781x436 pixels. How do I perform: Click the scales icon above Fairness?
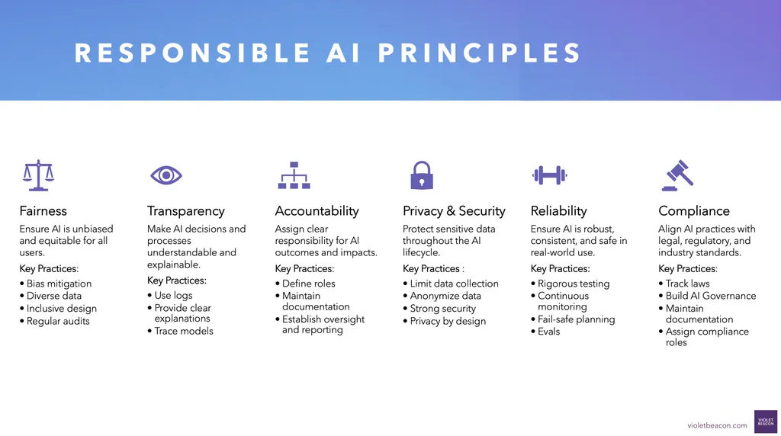coord(39,175)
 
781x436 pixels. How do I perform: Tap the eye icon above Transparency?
coord(166,175)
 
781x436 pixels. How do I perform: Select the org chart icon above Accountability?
coord(294,175)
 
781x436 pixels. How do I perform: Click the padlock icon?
coord(421,175)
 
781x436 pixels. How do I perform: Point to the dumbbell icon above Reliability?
coord(549,175)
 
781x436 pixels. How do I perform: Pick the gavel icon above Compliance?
coord(677,175)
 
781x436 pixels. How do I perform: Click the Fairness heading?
coord(43,211)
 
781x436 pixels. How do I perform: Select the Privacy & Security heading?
coord(454,211)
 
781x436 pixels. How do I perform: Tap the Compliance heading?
coord(694,211)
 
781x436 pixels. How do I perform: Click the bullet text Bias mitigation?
coord(59,284)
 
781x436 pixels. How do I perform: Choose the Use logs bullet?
coord(173,296)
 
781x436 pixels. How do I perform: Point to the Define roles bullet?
coord(308,284)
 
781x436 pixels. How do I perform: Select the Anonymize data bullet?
coord(445,296)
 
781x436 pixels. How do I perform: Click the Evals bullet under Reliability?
coord(548,332)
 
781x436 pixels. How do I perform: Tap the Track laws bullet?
coord(687,284)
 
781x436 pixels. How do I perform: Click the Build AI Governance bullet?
coord(710,296)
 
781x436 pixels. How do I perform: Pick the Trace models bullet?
coord(184,331)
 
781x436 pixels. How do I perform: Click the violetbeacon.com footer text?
coord(717,425)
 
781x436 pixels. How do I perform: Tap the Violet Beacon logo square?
coord(765,422)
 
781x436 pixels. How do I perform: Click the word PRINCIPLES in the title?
coord(480,53)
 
